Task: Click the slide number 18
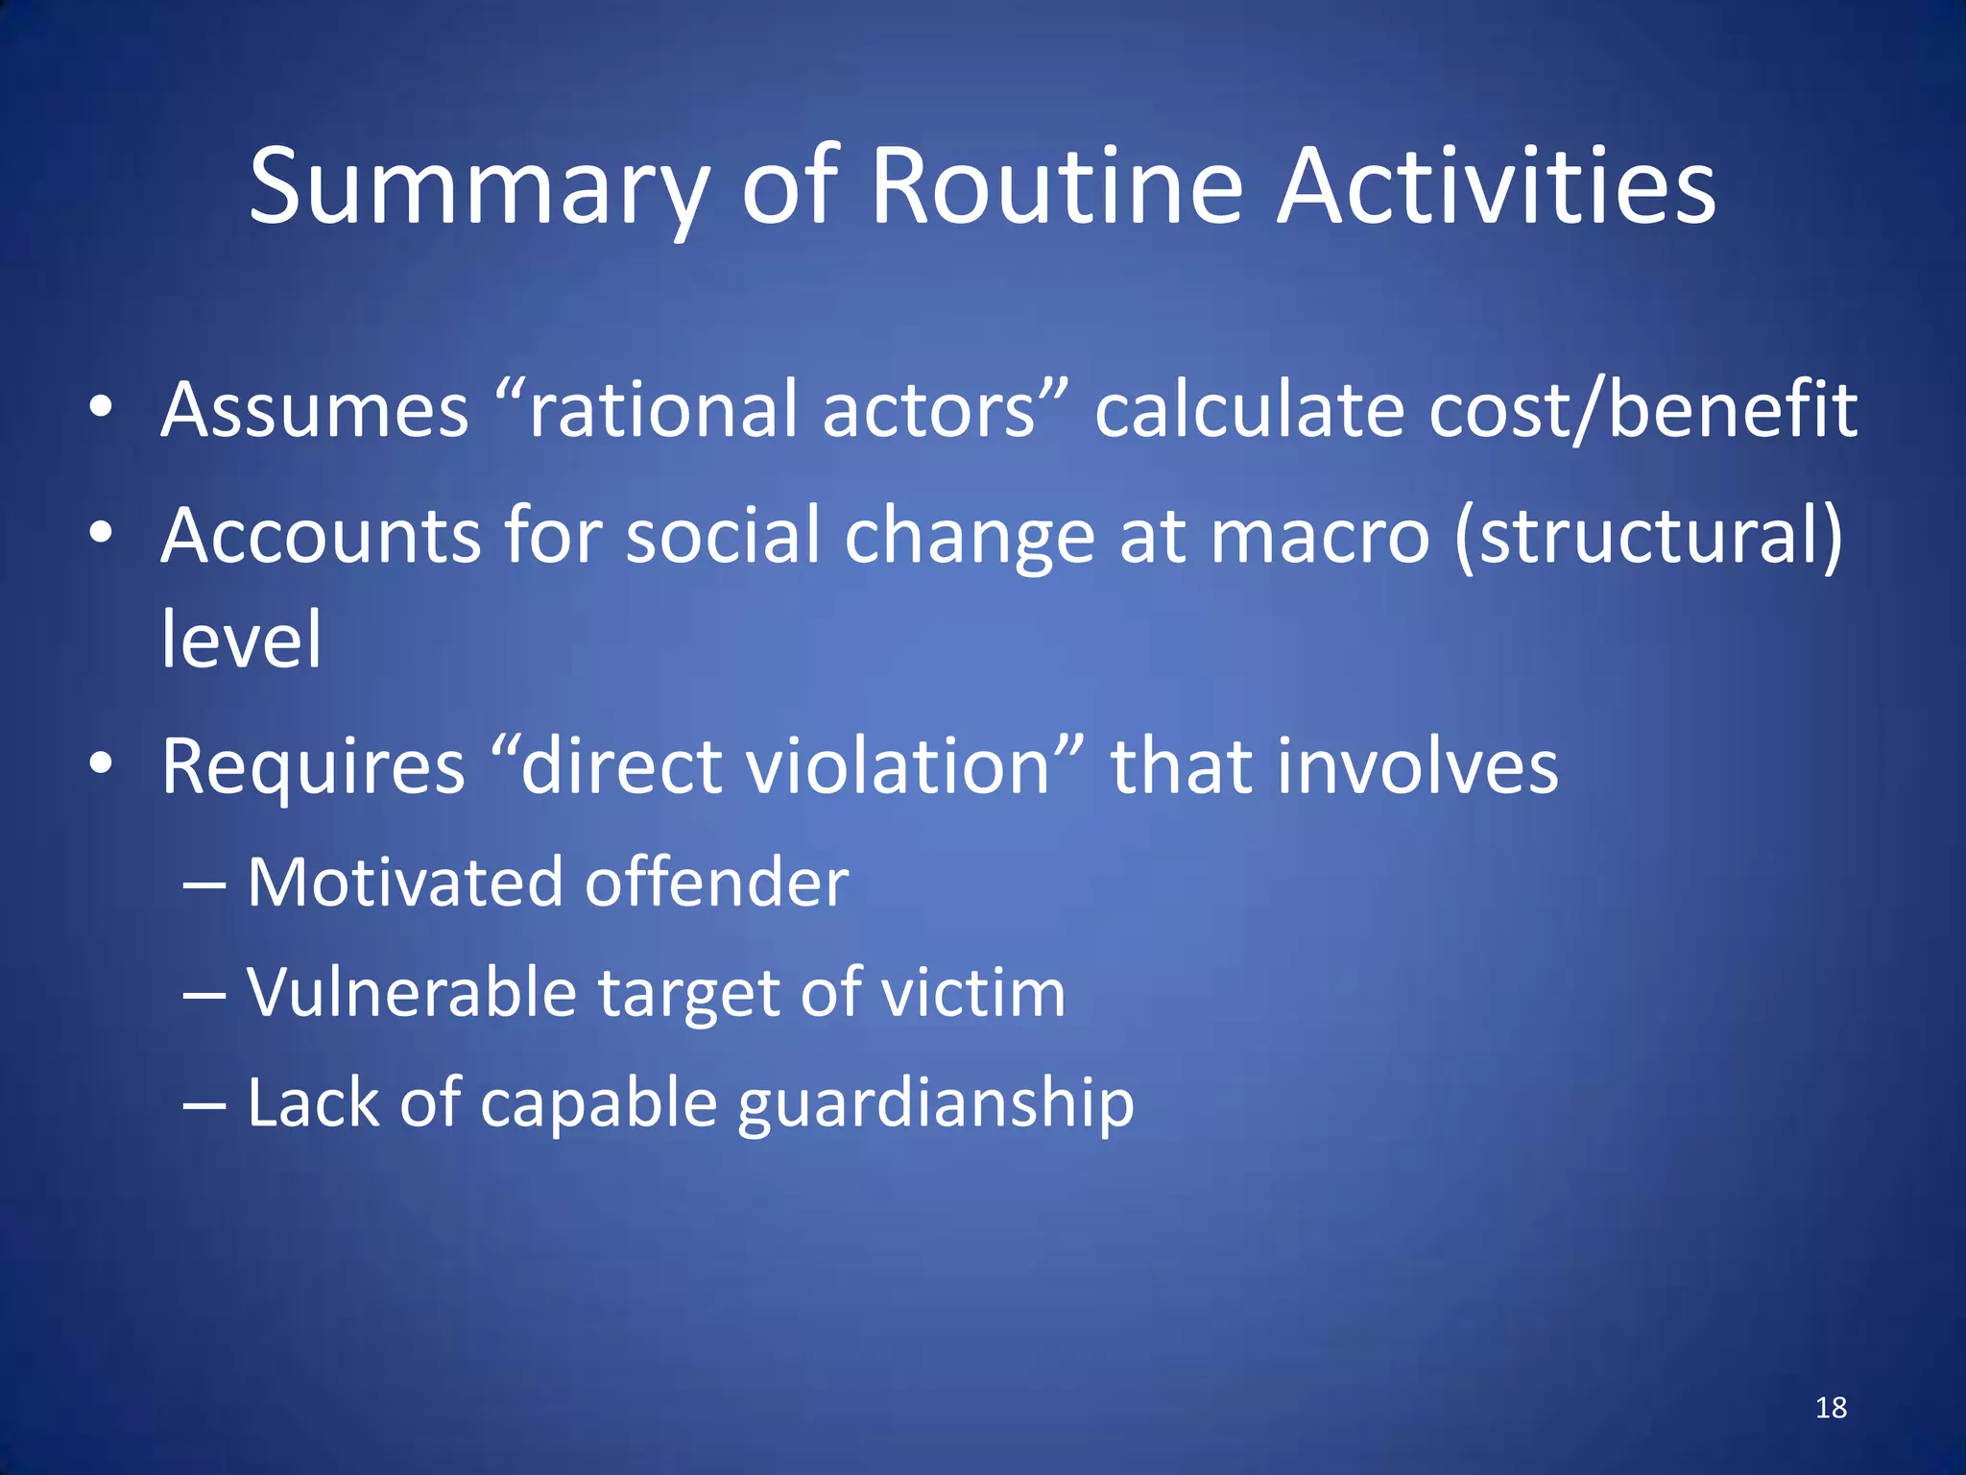1831,1408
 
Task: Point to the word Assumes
315,410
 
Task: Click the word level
241,640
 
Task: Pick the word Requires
313,767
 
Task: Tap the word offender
717,882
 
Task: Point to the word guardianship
936,1103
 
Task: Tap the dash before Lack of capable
204,1103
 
